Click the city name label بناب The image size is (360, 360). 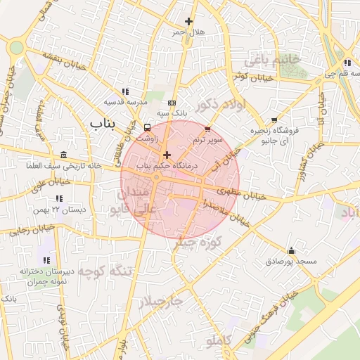[x=103, y=123]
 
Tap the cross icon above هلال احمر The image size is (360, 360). [x=188, y=22]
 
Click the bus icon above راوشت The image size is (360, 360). [x=147, y=128]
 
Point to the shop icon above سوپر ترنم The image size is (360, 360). [x=207, y=129]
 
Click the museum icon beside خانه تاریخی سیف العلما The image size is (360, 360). [x=64, y=155]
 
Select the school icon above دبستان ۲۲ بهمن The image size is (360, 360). [x=57, y=199]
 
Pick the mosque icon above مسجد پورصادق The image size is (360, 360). [x=291, y=251]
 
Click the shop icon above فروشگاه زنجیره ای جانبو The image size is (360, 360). [x=274, y=120]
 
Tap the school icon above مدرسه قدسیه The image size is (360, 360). [x=125, y=91]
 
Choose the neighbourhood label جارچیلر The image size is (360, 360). [x=160, y=302]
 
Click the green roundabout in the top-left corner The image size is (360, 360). [x=15, y=47]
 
